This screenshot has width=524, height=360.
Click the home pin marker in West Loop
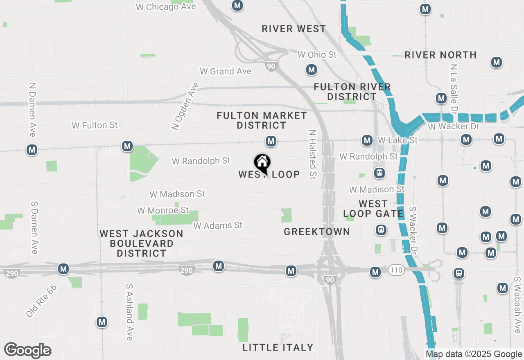point(262,163)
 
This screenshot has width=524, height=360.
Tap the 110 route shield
point(396,270)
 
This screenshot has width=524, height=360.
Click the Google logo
point(27,350)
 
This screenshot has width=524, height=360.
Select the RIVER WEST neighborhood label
point(294,29)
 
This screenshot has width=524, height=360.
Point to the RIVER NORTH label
point(440,55)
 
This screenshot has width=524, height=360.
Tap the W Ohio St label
point(317,54)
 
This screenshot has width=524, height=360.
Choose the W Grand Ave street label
point(226,71)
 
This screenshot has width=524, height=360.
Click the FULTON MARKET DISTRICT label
point(262,120)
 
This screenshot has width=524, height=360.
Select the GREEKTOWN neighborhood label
point(317,232)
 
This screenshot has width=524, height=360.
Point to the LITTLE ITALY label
point(278,347)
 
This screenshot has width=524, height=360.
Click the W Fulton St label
point(95,125)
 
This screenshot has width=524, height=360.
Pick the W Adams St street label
point(218,225)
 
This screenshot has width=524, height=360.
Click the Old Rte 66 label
point(41,301)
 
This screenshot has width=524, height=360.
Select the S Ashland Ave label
point(129,312)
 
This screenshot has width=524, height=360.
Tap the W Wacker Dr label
point(454,126)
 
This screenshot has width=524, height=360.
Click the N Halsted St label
point(312,155)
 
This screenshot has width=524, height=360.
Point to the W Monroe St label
point(163,210)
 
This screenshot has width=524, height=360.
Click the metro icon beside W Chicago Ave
point(237,6)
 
